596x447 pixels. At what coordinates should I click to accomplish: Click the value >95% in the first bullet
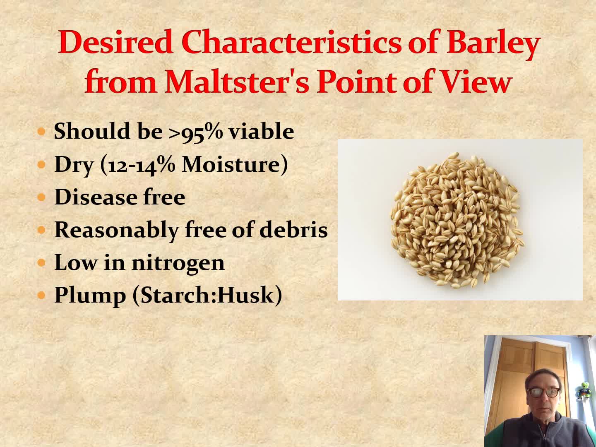tap(195, 132)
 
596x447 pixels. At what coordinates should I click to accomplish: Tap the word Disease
tap(95, 197)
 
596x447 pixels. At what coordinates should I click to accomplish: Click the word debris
tap(293, 229)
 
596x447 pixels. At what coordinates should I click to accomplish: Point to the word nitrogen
tap(178, 263)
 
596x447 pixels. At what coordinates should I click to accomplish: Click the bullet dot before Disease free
tap(41, 197)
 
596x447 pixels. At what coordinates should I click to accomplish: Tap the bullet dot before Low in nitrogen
tap(41, 263)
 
